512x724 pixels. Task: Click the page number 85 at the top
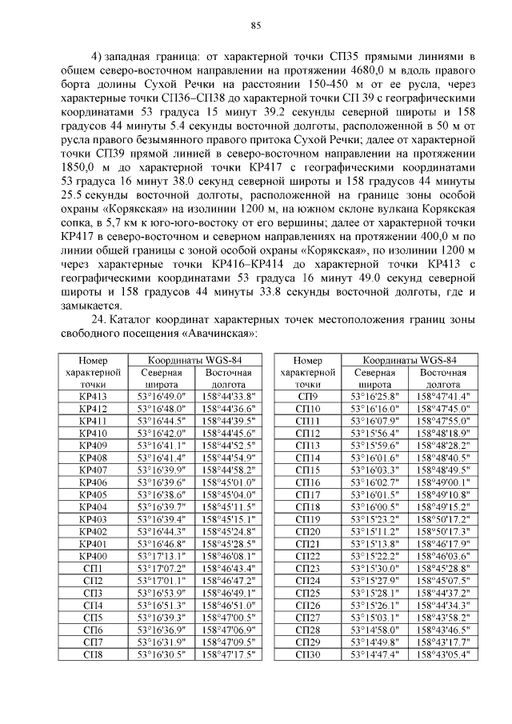click(256, 25)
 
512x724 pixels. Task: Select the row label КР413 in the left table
click(93, 395)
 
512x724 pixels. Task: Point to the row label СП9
click(308, 395)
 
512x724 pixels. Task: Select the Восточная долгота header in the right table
click(442, 378)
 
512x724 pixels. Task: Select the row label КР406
click(93, 482)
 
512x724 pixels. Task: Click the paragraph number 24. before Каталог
click(100, 319)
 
